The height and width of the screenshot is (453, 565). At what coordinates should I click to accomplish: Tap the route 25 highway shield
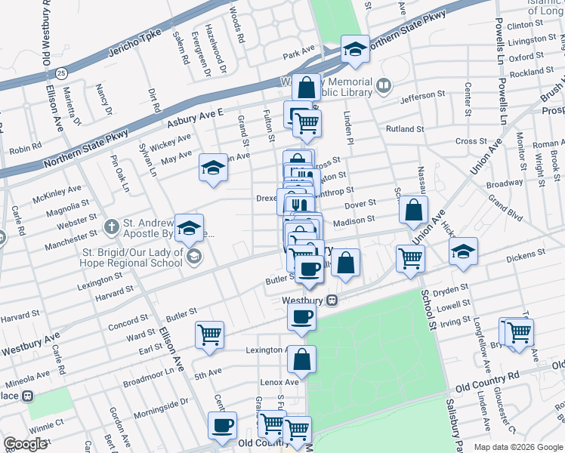pyautogui.click(x=61, y=72)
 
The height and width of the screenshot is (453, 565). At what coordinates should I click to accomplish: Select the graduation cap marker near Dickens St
pyautogui.click(x=463, y=253)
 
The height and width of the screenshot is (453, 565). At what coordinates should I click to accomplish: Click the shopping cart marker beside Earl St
pyautogui.click(x=209, y=334)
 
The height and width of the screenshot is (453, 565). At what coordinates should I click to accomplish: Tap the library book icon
pyautogui.click(x=384, y=86)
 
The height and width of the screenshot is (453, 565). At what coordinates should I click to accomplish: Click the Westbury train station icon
pyautogui.click(x=332, y=300)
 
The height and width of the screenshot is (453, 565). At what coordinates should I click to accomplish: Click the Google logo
pyautogui.click(x=26, y=444)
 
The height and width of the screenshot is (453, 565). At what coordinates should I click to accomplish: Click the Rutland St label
pyautogui.click(x=406, y=129)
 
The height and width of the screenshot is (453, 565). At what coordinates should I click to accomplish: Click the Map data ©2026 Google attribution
pyautogui.click(x=517, y=446)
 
